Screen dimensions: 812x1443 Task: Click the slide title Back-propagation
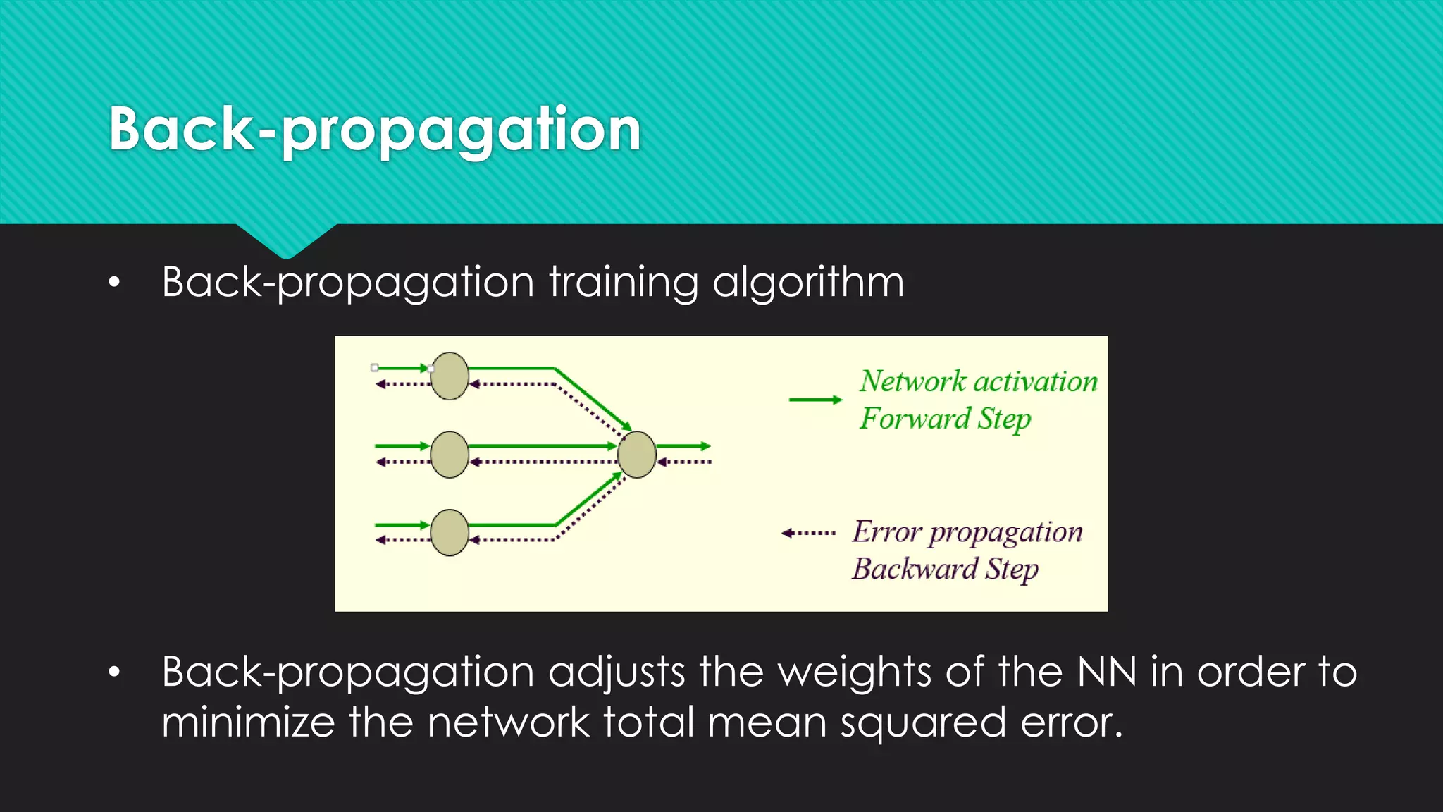[x=374, y=130]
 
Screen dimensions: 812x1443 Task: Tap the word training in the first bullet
[x=623, y=283]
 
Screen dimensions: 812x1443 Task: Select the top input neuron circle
[x=450, y=376]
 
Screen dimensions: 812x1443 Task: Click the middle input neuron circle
[x=450, y=455]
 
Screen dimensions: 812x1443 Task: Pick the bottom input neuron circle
[x=450, y=533]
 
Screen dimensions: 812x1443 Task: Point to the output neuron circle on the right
[x=637, y=455]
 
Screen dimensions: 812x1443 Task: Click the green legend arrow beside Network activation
[x=815, y=400]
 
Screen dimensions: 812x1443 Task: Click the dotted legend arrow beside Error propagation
[x=809, y=533]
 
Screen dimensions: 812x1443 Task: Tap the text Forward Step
[x=945, y=419]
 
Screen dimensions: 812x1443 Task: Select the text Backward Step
[x=945, y=569]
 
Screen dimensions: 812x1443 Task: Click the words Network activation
[x=978, y=381]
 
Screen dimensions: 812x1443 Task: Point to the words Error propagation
[x=967, y=532]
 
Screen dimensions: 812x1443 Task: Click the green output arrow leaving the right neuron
[x=683, y=446]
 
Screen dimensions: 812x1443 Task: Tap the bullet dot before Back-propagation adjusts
[x=114, y=672]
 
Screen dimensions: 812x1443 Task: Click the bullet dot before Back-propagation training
[x=114, y=283]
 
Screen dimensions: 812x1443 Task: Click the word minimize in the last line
[x=248, y=723]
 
